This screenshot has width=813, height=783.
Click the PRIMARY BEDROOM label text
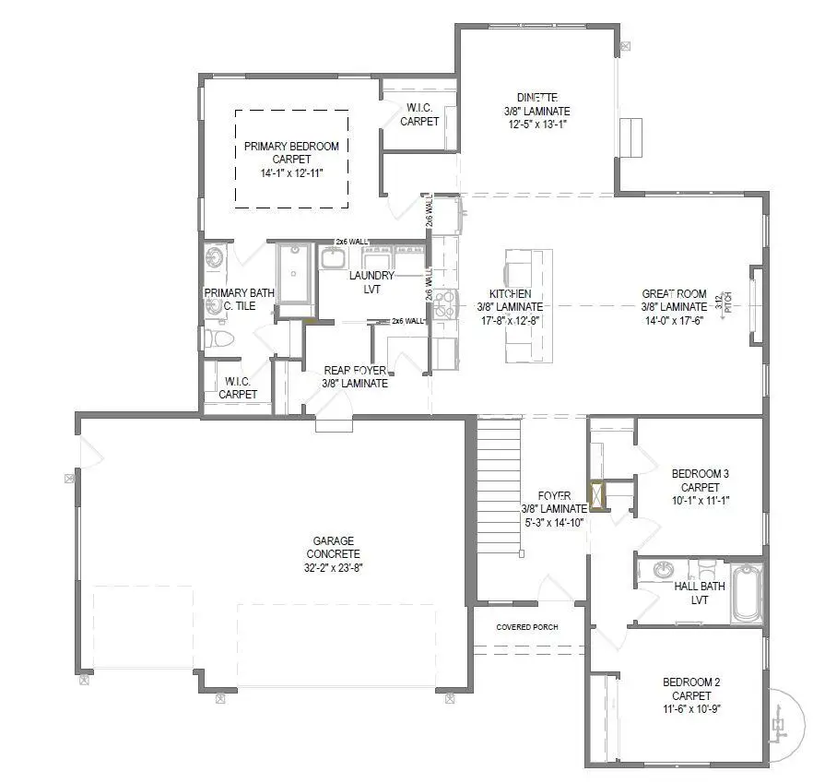point(291,146)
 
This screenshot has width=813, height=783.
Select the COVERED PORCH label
point(526,627)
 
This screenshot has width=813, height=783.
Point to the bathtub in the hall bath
point(746,594)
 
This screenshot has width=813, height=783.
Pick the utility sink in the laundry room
point(333,256)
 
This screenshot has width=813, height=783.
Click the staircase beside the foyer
point(499,484)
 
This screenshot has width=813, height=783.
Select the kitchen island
point(524,306)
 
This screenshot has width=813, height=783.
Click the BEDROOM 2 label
point(691,682)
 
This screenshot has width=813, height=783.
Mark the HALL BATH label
point(700,586)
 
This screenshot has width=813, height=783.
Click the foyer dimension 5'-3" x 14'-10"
point(554,521)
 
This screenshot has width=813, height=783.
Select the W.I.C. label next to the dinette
point(419,108)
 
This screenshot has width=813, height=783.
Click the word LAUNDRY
point(371,276)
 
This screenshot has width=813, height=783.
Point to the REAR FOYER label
point(355,371)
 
